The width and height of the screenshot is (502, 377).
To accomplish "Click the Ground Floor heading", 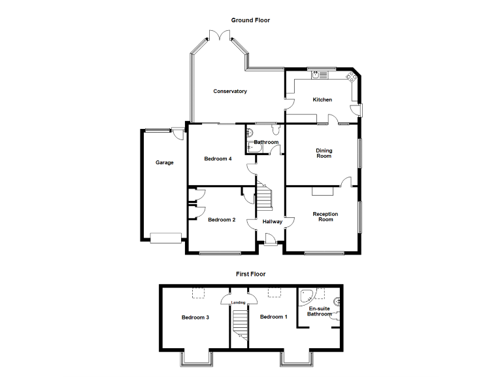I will coord(250,20).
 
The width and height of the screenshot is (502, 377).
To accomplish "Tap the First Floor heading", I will coord(250,274).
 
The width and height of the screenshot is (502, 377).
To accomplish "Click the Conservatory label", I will coord(230,92).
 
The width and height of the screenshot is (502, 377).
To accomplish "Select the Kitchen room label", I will coord(322,100).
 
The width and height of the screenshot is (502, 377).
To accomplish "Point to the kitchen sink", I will coord(317,75).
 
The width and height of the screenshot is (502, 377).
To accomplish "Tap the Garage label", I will coord(164,163).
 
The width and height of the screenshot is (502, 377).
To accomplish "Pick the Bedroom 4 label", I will coord(218,159).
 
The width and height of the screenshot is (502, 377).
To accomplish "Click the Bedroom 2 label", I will coord(222,220).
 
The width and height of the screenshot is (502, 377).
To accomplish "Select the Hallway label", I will coord(273,222).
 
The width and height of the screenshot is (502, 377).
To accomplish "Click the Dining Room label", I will coord(324,153).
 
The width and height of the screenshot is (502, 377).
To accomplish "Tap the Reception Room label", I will coord(325,217).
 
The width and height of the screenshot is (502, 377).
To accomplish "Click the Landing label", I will coord(239,302).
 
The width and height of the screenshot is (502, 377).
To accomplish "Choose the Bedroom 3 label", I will coord(195,318).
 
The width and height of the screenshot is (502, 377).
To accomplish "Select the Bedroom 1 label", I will coord(273,317).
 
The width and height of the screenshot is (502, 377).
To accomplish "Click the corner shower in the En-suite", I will coord(305,296).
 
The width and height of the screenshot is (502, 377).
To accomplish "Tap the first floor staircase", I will coord(241,325).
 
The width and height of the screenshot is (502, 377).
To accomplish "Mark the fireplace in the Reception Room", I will coord(322,191).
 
